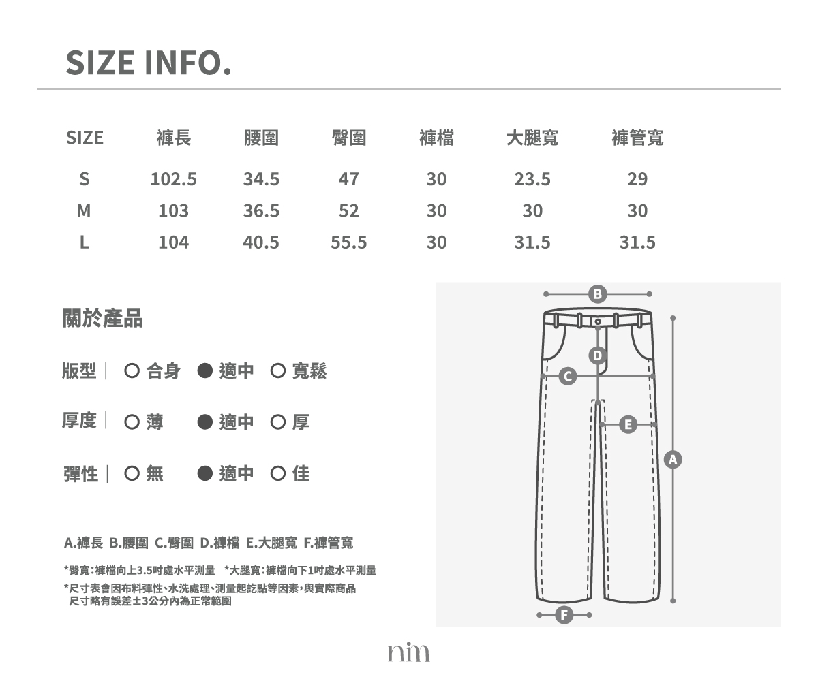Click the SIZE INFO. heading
point(149,63)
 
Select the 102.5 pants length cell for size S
point(174,179)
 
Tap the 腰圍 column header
point(261,138)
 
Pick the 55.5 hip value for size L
point(348,242)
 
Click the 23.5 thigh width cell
point(532,179)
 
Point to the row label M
point(84,210)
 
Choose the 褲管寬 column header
point(637,138)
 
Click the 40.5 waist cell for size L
point(261,242)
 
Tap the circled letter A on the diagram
point(673,460)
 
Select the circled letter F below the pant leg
point(564,615)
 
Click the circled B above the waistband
point(597,294)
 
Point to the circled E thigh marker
point(628,425)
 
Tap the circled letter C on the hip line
point(568,376)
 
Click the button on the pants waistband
point(598,321)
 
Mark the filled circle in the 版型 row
point(205,370)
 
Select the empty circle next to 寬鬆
point(277,370)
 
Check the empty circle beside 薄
point(132,422)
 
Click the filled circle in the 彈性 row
point(205,473)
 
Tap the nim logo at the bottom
point(408,652)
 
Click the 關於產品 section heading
point(103,318)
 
